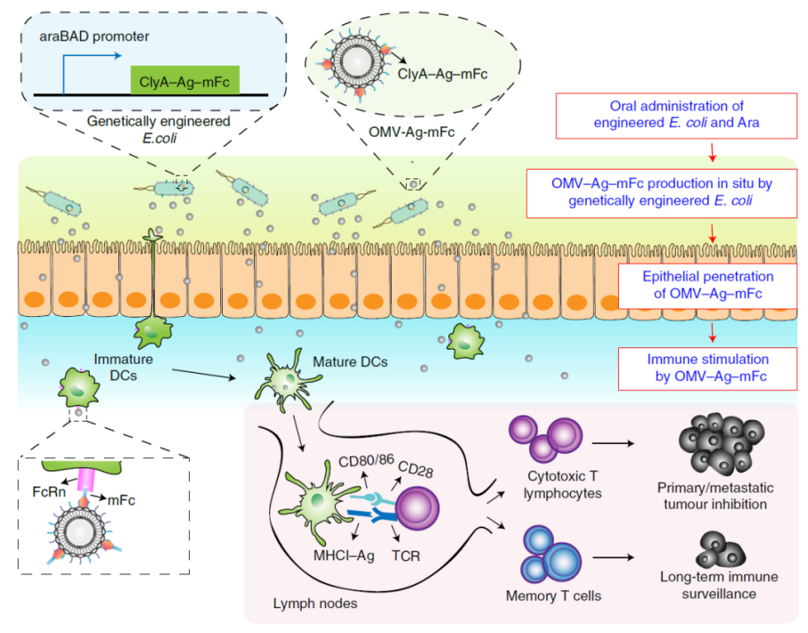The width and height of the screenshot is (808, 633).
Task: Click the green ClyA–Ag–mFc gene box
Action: [184, 80]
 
